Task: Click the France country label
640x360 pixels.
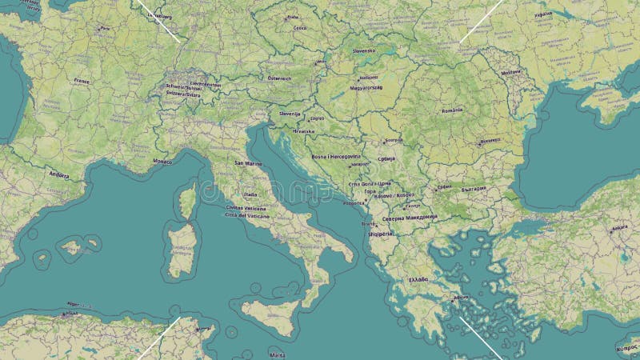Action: click(x=82, y=81)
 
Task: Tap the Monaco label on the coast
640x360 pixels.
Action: click(x=162, y=162)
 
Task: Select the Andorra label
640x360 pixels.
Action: click(x=59, y=174)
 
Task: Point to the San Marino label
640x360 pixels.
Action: click(x=248, y=163)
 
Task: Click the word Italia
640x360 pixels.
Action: click(x=251, y=194)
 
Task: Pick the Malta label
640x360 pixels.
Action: click(x=278, y=354)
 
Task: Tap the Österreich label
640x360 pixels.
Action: click(x=279, y=78)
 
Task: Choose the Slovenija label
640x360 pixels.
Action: click(x=290, y=114)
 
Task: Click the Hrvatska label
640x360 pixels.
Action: click(x=303, y=130)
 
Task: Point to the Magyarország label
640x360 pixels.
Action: click(x=366, y=87)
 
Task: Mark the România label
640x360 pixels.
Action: click(x=451, y=110)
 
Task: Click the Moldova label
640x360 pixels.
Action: click(x=510, y=72)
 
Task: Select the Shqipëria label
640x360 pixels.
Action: click(x=378, y=234)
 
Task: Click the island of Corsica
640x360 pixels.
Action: click(x=187, y=200)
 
